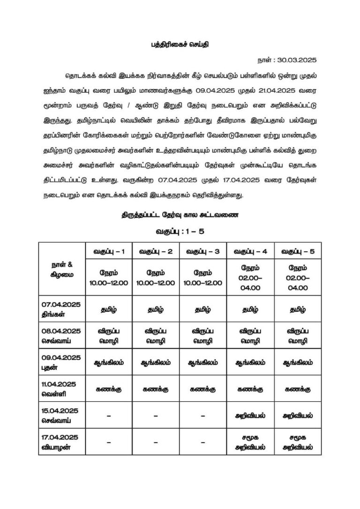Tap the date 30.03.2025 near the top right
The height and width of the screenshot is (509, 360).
coord(287,60)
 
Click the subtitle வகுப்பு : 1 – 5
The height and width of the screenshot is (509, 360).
coord(180,231)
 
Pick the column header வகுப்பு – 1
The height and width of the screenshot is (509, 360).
coord(108,251)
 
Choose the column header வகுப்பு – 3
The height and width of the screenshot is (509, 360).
coord(203,251)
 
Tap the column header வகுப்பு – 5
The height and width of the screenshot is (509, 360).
coord(298,251)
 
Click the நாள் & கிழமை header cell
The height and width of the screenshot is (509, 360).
coord(62,269)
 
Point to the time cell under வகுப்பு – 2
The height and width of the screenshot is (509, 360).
coord(156,277)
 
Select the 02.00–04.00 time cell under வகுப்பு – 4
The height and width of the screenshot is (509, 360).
coord(250,277)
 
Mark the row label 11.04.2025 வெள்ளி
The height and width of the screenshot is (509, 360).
coord(61,389)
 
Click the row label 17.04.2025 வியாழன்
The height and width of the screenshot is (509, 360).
coord(61,442)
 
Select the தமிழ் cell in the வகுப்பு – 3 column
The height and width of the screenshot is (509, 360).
coord(203,309)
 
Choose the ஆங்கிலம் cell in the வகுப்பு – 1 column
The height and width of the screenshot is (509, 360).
coord(108,362)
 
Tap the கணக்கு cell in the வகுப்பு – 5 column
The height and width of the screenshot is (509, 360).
coord(298,389)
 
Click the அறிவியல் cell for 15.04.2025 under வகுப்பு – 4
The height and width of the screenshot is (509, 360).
coord(250,415)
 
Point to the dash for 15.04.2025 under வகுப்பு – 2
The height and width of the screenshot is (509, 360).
coord(156,416)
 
